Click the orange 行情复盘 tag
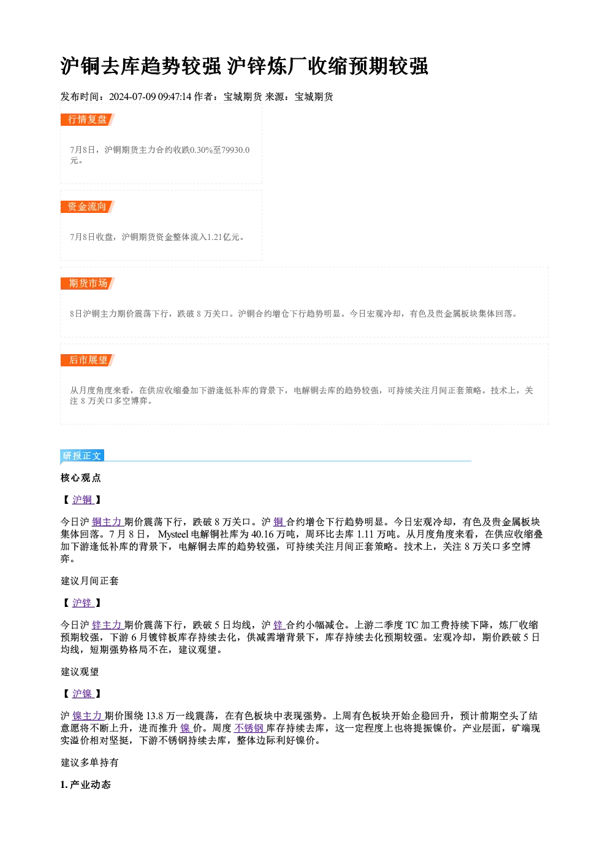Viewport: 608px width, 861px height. (88, 120)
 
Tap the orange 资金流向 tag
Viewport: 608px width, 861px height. (88, 207)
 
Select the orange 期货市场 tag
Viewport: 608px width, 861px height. (88, 284)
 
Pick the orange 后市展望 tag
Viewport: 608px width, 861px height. (88, 360)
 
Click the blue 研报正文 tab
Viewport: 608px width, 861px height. (82, 456)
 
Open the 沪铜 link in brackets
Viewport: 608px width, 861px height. (83, 500)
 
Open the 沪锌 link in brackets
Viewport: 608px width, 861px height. (83, 603)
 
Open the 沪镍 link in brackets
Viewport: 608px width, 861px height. (83, 693)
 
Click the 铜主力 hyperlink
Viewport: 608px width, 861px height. (107, 522)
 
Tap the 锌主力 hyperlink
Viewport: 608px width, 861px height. (107, 625)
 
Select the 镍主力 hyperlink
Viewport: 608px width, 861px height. (88, 716)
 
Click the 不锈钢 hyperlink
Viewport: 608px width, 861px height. (249, 728)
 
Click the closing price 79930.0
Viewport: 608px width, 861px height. (236, 150)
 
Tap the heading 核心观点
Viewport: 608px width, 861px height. (81, 478)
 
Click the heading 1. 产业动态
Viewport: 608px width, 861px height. (86, 784)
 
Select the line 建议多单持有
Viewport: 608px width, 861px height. (90, 763)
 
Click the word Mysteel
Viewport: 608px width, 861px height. (173, 535)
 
